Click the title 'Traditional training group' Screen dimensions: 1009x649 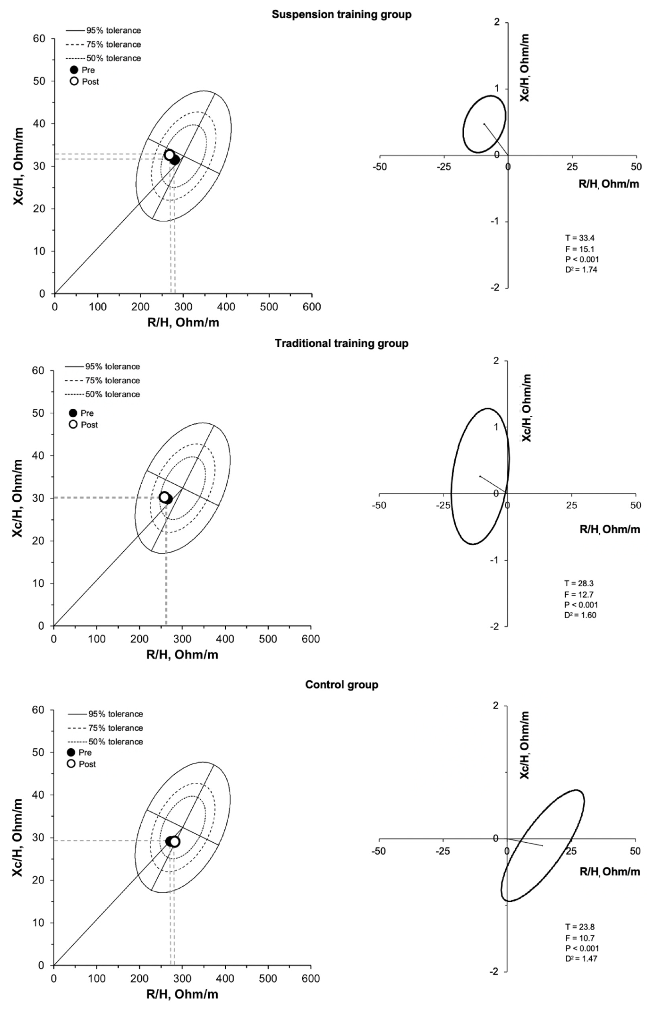341,343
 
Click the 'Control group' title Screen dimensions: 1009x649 341,685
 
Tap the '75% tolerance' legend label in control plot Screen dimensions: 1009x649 115,728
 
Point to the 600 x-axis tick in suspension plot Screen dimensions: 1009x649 312,307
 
